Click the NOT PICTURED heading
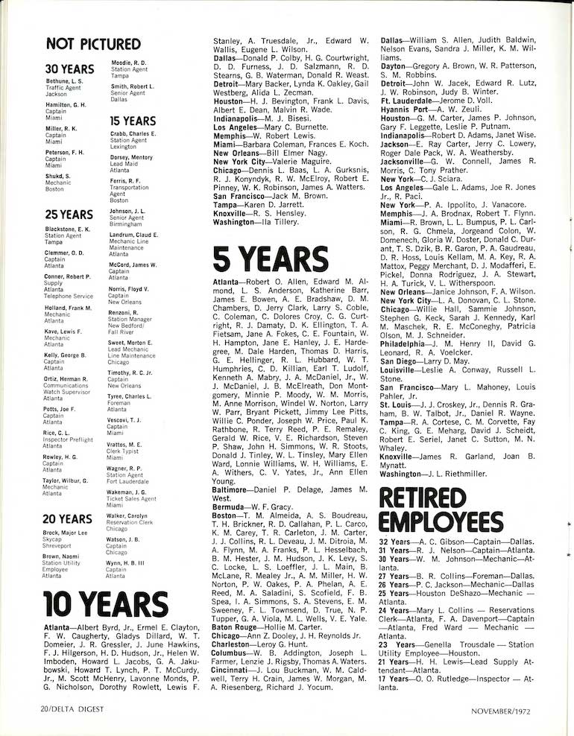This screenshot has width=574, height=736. pos(92,44)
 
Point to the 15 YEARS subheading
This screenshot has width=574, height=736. pos(132,121)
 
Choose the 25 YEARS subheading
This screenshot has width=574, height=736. pos(69,215)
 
